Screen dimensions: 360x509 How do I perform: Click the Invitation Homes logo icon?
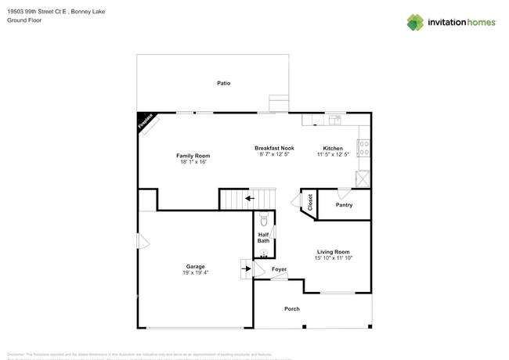pyautogui.click(x=415, y=23)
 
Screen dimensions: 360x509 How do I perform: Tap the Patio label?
pyautogui.click(x=224, y=83)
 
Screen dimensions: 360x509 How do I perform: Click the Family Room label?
pyautogui.click(x=193, y=156)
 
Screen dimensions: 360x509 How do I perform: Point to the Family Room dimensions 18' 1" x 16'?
pyautogui.click(x=193, y=162)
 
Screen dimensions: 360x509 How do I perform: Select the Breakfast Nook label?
pyautogui.click(x=274, y=148)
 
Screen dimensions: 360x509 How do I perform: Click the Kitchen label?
pyautogui.click(x=333, y=148)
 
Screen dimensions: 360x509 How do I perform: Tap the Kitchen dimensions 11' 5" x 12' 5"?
pyautogui.click(x=333, y=154)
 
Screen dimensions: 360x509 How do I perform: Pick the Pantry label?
pyautogui.click(x=344, y=205)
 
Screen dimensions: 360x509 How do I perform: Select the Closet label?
pyautogui.click(x=310, y=203)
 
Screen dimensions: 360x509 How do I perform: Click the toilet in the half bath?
pyautogui.click(x=264, y=218)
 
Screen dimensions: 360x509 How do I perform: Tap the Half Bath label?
pyautogui.click(x=264, y=237)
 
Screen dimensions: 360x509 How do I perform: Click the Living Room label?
pyautogui.click(x=333, y=252)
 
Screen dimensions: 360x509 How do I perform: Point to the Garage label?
pyautogui.click(x=195, y=267)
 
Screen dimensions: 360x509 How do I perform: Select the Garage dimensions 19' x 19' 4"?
pyautogui.click(x=195, y=273)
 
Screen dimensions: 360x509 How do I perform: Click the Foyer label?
pyautogui.click(x=279, y=269)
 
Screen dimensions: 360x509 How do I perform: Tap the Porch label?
pyautogui.click(x=291, y=309)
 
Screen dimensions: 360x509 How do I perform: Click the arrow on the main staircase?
pyautogui.click(x=249, y=199)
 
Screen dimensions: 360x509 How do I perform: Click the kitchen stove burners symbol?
pyautogui.click(x=363, y=147)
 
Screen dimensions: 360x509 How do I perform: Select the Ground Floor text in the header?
pyautogui.click(x=23, y=20)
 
